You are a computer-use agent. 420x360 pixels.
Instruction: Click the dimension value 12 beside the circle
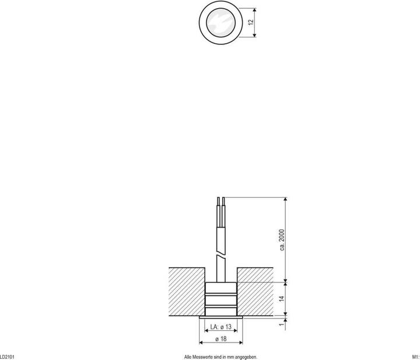pyautogui.click(x=250, y=22)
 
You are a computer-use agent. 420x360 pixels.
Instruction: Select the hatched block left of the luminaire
pyautogui.click(x=186, y=292)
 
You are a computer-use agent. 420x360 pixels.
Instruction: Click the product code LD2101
pyautogui.click(x=7, y=356)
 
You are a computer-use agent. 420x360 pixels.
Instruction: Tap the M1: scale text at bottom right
pyautogui.click(x=415, y=356)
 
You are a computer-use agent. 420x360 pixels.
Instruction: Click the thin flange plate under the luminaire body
pyautogui.click(x=220, y=316)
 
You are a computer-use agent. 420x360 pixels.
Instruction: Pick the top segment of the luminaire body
pyautogui.click(x=220, y=286)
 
